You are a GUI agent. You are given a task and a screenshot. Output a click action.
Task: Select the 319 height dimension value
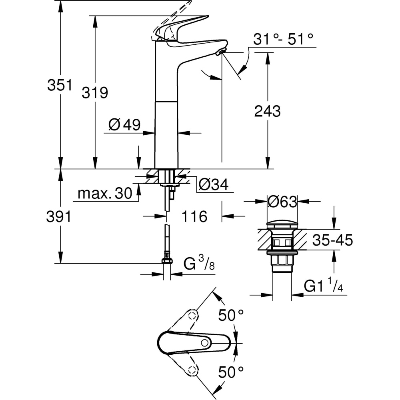(95, 93)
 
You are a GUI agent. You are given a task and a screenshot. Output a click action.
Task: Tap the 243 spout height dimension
(268, 112)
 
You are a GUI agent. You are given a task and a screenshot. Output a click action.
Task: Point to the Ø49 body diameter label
(124, 125)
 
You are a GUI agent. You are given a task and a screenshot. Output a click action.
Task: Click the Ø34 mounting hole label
(214, 184)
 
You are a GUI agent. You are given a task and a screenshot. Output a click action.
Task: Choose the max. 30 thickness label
(105, 194)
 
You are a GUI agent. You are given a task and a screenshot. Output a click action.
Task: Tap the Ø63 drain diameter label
(282, 202)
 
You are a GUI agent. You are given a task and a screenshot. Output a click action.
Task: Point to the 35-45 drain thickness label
(332, 240)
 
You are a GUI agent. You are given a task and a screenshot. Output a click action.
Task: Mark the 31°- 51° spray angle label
(283, 40)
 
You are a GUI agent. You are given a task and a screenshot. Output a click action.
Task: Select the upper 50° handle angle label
(231, 316)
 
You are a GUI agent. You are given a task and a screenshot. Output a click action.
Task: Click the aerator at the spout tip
(220, 52)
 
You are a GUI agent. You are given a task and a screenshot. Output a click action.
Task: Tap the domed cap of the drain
(282, 224)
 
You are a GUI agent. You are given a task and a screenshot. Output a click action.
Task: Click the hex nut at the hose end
(167, 261)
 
